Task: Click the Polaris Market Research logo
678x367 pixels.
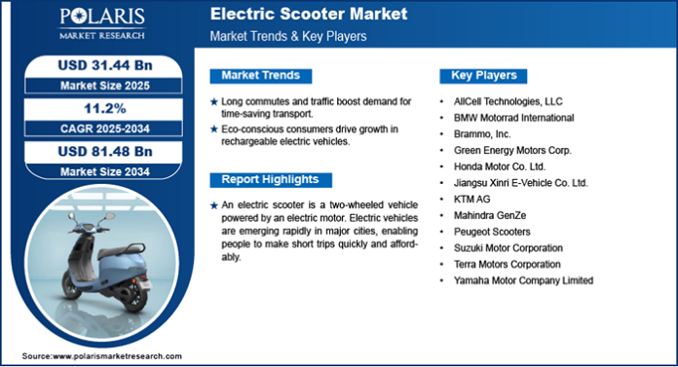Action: coord(101,23)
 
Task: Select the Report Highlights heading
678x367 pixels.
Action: coord(269,180)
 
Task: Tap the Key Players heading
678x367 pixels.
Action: coord(483,76)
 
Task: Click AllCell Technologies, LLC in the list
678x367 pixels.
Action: coord(508,100)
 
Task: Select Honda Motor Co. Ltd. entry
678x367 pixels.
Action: coord(498,165)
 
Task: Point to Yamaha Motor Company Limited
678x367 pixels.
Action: coord(523,280)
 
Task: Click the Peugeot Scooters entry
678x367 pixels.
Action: coord(493,232)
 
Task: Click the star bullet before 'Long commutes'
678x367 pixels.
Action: coord(214,101)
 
